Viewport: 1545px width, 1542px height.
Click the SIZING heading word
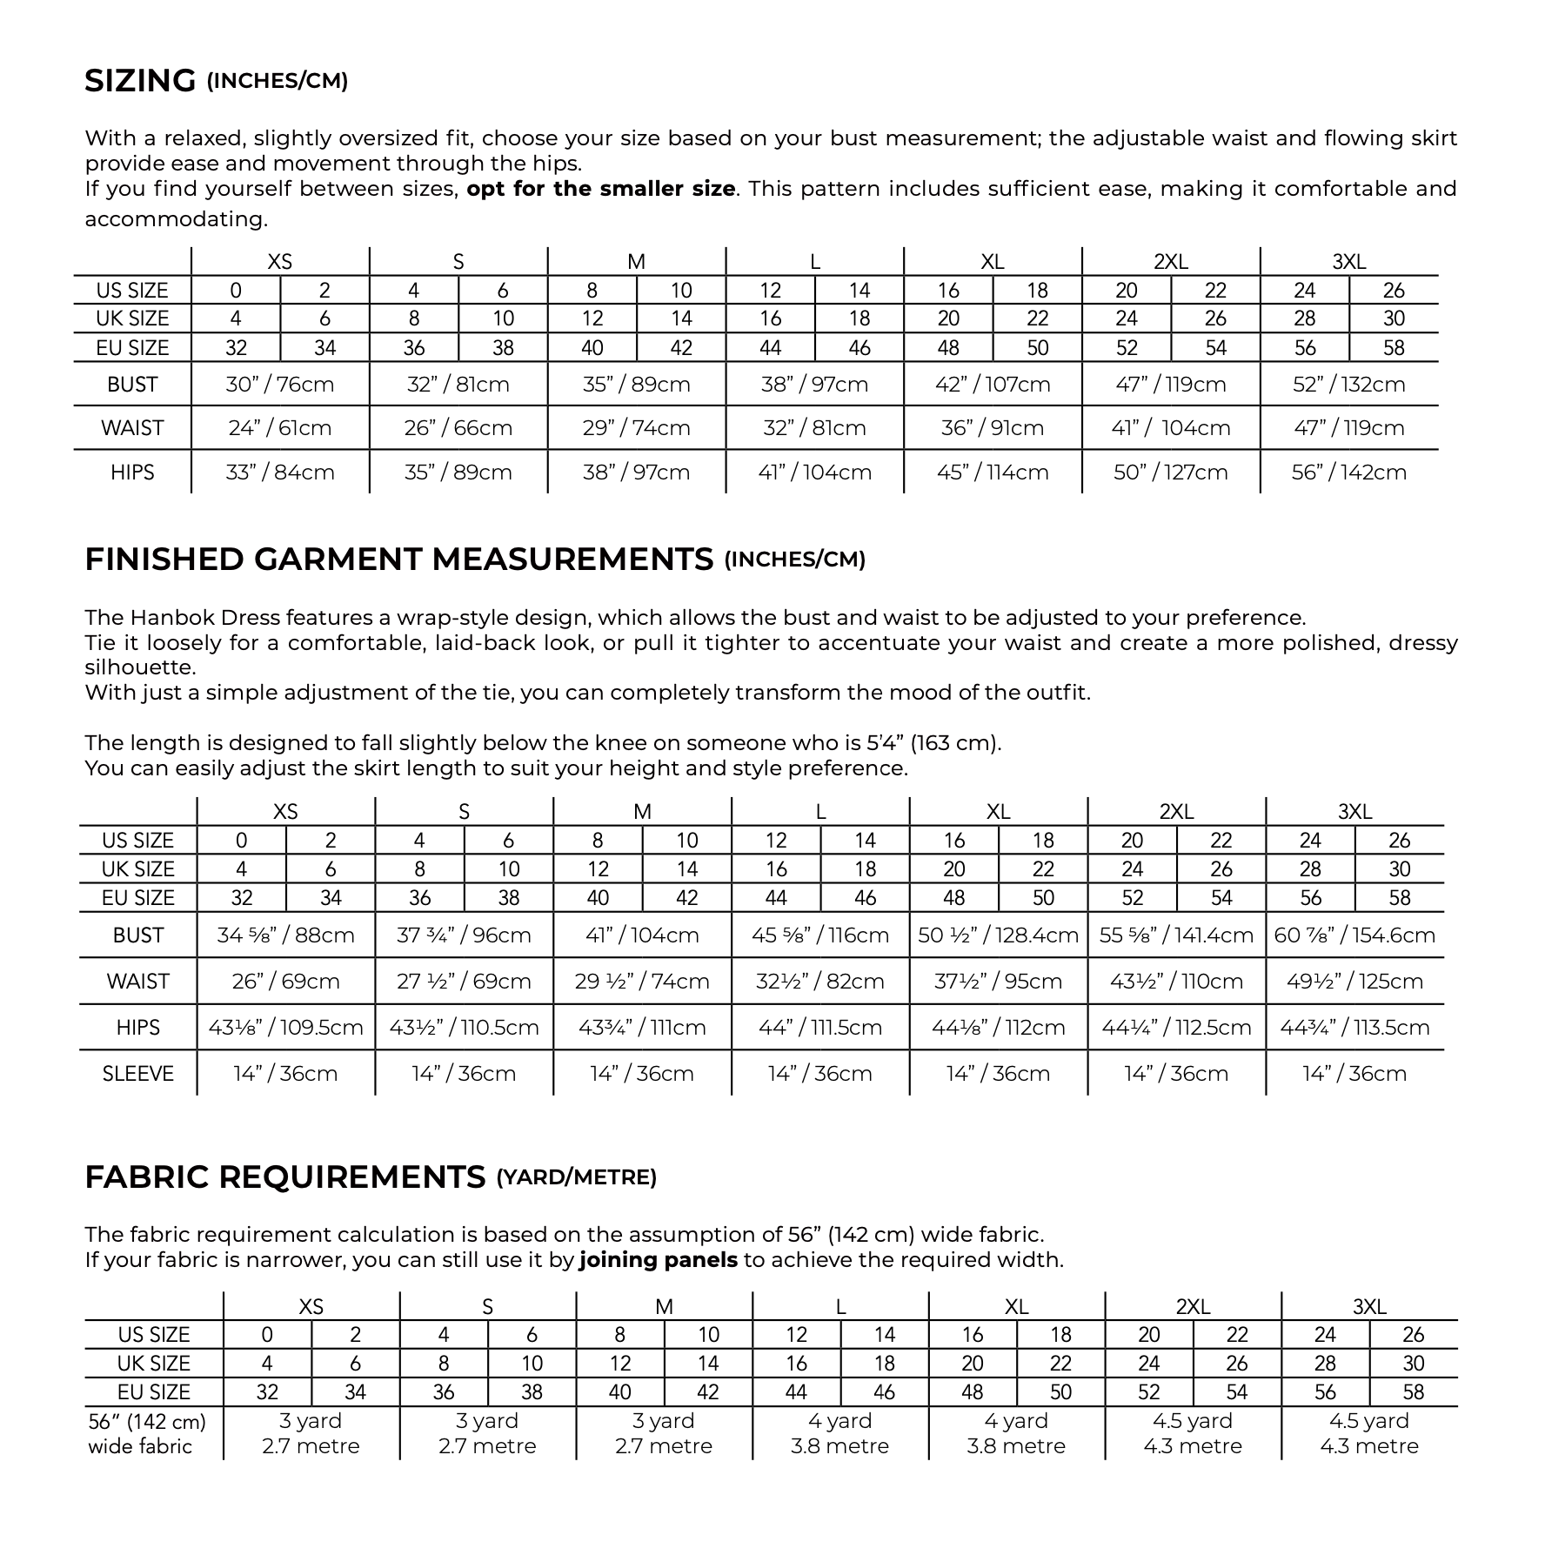tap(140, 81)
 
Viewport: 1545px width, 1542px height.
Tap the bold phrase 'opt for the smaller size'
tap(600, 189)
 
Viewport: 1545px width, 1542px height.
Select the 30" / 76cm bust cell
tap(279, 385)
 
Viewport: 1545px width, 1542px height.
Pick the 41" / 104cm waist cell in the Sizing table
tap(1170, 428)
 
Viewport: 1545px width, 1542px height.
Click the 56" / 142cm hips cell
tap(1348, 473)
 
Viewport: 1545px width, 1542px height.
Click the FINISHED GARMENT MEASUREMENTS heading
tap(398, 560)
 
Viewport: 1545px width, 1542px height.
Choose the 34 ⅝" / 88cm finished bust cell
tap(285, 935)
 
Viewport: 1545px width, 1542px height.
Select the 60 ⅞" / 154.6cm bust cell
tap(1354, 935)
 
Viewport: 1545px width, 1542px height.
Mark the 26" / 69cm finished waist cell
tap(285, 982)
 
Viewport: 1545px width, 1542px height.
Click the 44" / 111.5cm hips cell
tap(819, 1028)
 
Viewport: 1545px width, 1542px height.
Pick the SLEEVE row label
tap(137, 1074)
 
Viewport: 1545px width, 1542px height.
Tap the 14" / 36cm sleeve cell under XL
tap(998, 1074)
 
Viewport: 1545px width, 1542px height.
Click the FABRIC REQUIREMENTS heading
tap(284, 1177)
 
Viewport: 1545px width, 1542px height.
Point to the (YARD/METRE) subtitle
tap(576, 1178)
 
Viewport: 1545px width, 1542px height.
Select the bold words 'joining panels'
tap(658, 1260)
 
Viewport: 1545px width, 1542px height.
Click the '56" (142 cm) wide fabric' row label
tap(146, 1433)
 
